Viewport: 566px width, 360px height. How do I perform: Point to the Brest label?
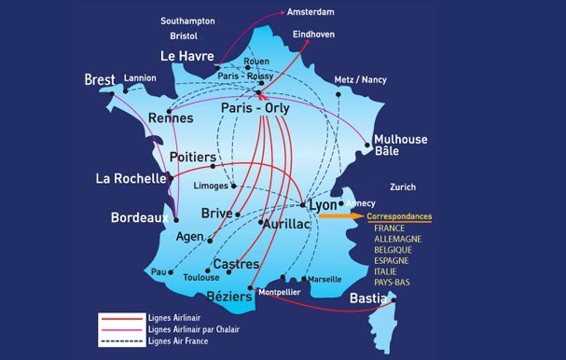pyautogui.click(x=98, y=78)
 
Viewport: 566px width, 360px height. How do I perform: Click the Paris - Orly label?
pyautogui.click(x=255, y=109)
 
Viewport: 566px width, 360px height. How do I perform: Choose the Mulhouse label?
pyautogui.click(x=400, y=139)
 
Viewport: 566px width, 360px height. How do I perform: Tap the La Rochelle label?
pyautogui.click(x=131, y=177)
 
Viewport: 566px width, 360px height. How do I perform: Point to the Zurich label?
pyautogui.click(x=403, y=187)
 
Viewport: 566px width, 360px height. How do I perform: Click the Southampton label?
pyautogui.click(x=187, y=20)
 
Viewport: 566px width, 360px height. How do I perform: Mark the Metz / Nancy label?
pyautogui.click(x=359, y=80)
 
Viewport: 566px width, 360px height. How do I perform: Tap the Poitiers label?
pyautogui.click(x=194, y=158)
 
